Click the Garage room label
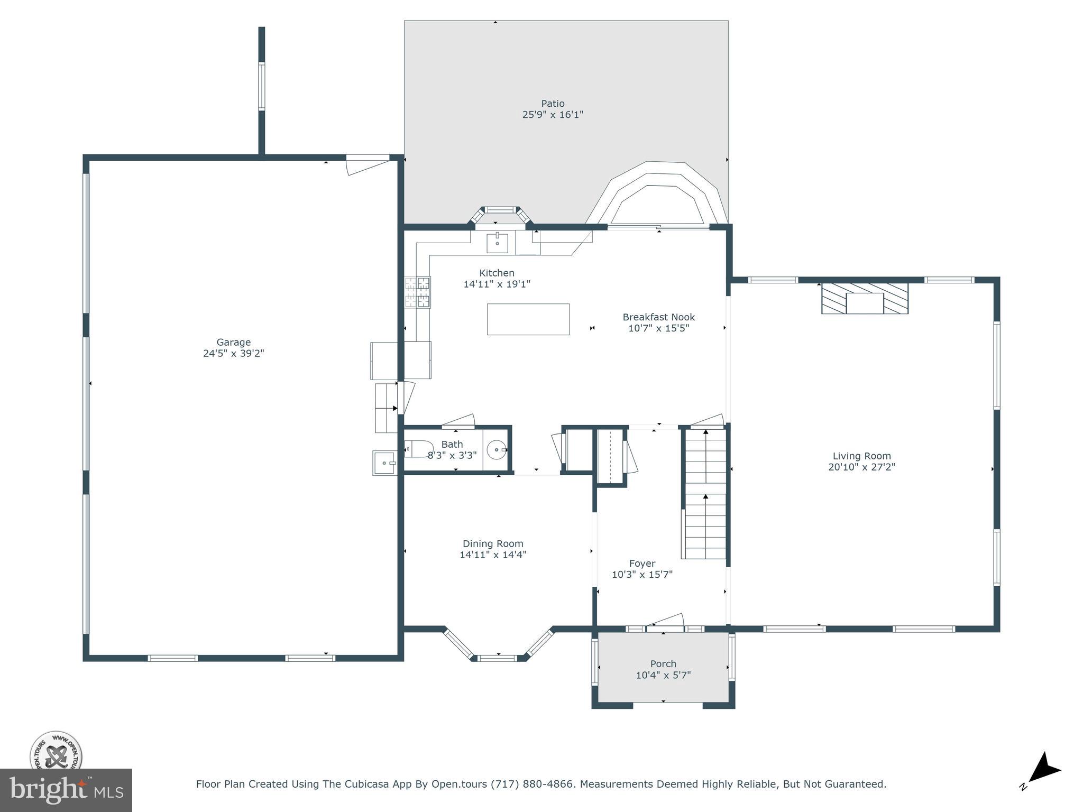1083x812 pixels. tap(233, 342)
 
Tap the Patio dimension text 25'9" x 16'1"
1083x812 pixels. tap(553, 114)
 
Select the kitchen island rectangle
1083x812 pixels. tap(528, 319)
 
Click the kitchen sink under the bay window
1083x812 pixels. tap(497, 244)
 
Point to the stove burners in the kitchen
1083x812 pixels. tap(418, 292)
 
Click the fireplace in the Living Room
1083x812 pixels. tap(865, 299)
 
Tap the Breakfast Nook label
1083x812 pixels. tap(658, 317)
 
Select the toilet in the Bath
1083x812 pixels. tap(418, 449)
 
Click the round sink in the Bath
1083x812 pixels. tap(497, 450)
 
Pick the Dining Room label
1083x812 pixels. tap(493, 543)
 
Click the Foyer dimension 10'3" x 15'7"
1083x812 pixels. tap(642, 574)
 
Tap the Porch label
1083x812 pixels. tap(663, 663)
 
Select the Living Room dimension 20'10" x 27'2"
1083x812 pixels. tap(861, 467)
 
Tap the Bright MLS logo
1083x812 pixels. tap(66, 790)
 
